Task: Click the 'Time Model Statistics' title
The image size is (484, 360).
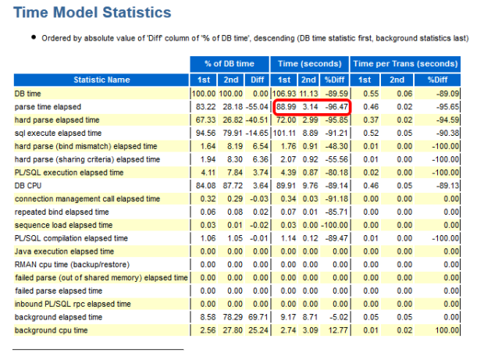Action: pos(92,12)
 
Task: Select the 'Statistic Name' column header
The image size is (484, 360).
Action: pos(101,79)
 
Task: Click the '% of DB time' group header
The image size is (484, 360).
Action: pos(230,63)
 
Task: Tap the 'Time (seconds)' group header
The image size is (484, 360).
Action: pos(309,63)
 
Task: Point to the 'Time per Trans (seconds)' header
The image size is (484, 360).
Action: pos(404,63)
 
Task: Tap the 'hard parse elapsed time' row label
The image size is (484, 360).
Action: pos(57,119)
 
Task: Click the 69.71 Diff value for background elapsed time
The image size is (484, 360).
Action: pos(255,317)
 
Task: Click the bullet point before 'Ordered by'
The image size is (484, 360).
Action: pos(33,38)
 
